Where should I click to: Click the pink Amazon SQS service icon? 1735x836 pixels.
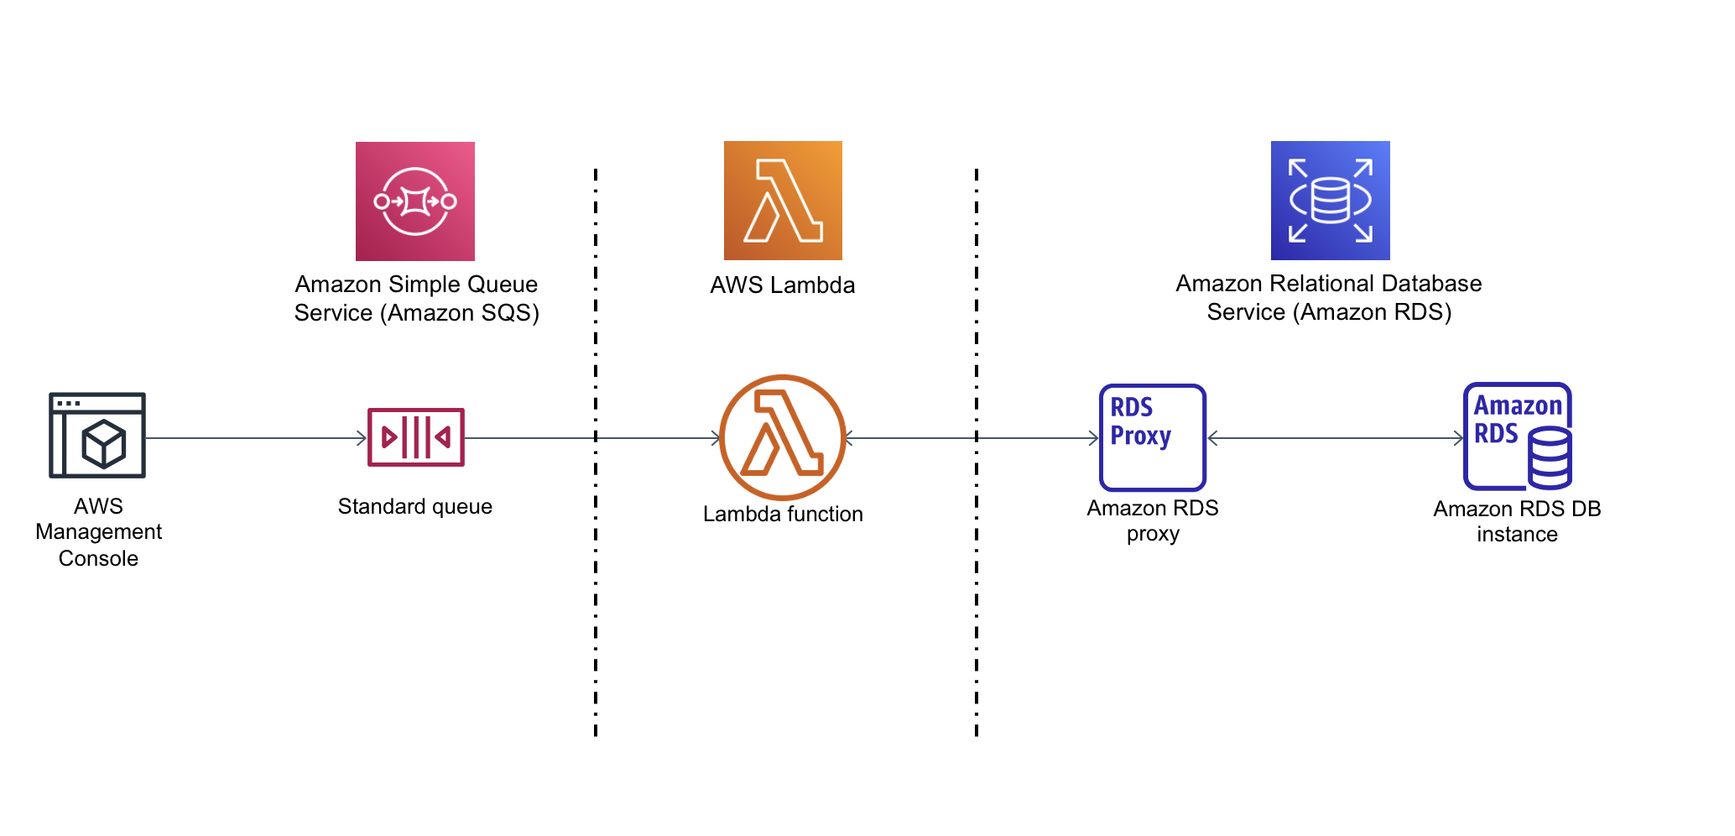pos(414,201)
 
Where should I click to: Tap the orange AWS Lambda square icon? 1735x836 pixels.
pos(783,201)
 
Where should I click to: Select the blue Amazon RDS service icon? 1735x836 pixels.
pos(1330,201)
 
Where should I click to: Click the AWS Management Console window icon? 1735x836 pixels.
pos(97,435)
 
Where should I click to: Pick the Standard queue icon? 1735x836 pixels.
pos(415,437)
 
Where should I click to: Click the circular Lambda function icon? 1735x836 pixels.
pos(783,437)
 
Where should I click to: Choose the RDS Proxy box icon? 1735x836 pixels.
pos(1153,437)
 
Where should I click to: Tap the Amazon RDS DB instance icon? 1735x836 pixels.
pos(1517,437)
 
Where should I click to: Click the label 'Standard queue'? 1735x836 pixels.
pos(414,506)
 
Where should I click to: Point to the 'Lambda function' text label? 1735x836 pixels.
pos(783,514)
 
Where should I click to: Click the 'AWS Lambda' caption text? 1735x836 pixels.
pos(783,285)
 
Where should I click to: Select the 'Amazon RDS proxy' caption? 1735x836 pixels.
pos(1153,520)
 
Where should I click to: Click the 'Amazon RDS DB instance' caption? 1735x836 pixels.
pos(1517,521)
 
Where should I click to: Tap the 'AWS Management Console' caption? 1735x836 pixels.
pos(98,532)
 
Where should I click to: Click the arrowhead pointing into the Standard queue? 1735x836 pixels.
pos(362,438)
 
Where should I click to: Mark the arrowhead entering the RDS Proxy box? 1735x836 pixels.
pos(1094,438)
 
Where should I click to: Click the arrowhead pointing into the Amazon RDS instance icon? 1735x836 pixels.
pos(1459,438)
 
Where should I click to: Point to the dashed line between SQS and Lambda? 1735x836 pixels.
pos(596,588)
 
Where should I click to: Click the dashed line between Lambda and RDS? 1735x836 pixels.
pos(977,588)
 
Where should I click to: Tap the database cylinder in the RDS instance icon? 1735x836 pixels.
pos(1549,458)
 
